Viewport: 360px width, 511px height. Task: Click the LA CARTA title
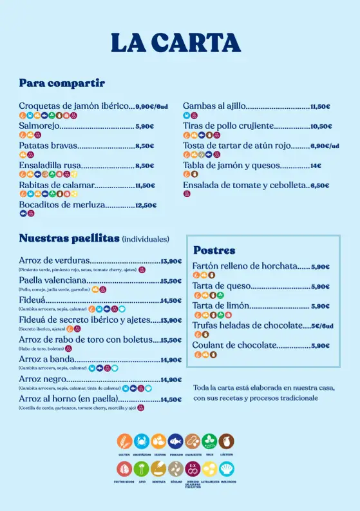(x=175, y=43)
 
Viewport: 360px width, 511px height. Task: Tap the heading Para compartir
(x=62, y=83)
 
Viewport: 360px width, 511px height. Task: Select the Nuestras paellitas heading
(x=69, y=238)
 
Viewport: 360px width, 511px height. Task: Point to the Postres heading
(x=214, y=250)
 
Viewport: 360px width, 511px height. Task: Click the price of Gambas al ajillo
(x=320, y=107)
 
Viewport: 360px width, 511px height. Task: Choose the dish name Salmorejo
(x=39, y=126)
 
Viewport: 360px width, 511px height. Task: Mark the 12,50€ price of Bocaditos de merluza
(x=146, y=206)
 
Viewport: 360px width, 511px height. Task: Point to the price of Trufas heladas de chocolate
(x=322, y=326)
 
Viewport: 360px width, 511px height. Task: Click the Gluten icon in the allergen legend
(x=124, y=441)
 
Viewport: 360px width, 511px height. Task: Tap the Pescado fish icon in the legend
(x=175, y=441)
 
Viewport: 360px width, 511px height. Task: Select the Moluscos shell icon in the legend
(x=226, y=468)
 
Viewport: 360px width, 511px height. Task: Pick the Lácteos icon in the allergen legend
(x=226, y=441)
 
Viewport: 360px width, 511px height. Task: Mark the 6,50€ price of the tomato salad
(x=320, y=186)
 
